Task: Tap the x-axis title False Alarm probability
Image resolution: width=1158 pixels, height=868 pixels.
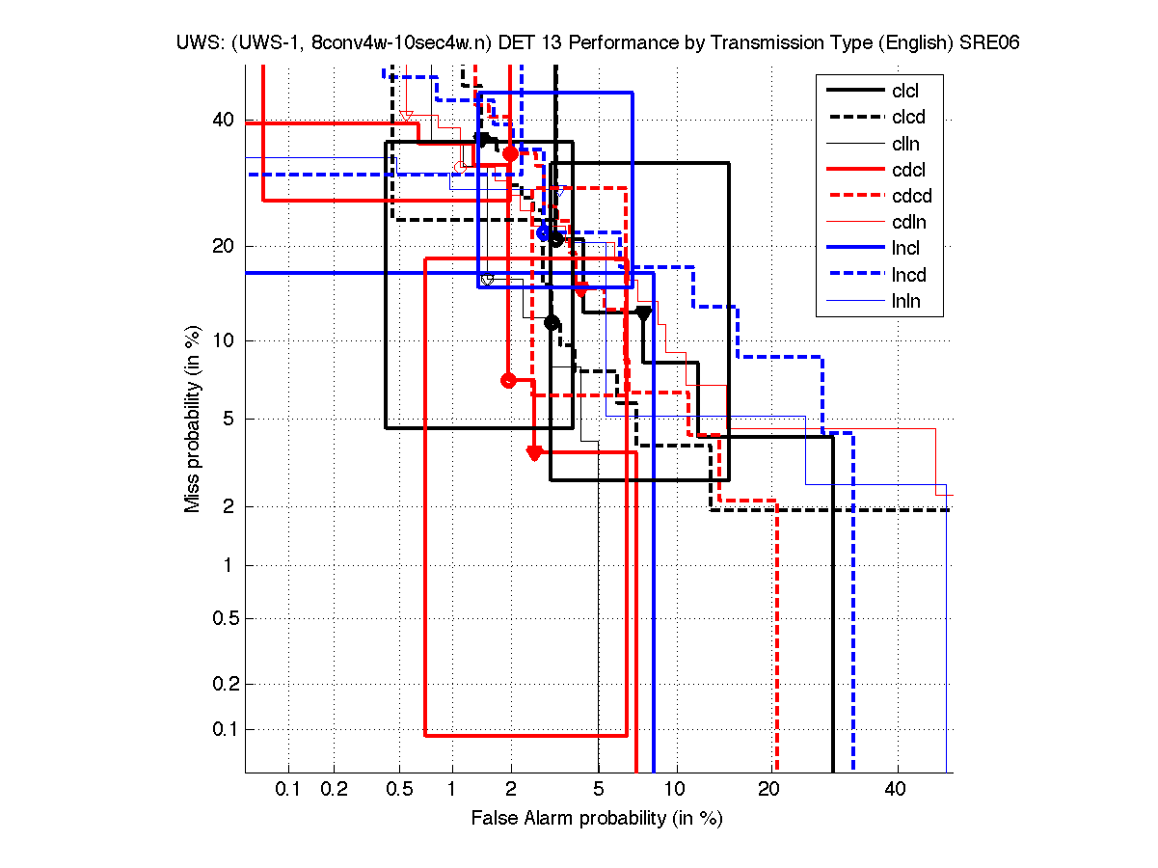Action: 597,819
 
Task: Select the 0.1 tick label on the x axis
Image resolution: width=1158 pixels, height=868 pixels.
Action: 288,790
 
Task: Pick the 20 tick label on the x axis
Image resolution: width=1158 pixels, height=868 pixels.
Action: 768,790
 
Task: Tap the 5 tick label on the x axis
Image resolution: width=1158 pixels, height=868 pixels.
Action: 599,790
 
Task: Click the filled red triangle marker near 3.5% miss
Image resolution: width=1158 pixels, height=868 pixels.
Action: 534,452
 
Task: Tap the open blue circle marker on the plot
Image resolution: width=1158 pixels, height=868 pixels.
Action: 544,232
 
